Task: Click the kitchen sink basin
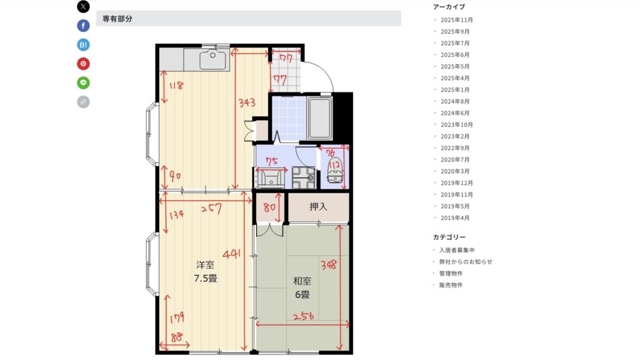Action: [x=212, y=59]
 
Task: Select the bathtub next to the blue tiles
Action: [x=319, y=117]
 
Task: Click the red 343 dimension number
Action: [x=247, y=102]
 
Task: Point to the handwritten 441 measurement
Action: [x=231, y=254]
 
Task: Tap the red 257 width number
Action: [x=211, y=209]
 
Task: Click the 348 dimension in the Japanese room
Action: [x=329, y=265]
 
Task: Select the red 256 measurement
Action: [x=304, y=316]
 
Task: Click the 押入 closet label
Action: [x=318, y=206]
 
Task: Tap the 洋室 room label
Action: [x=205, y=265]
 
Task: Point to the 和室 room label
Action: [x=302, y=281]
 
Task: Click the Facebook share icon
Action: [x=83, y=26]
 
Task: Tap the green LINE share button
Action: [x=83, y=83]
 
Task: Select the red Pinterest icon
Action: [x=83, y=64]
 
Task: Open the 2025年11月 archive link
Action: [x=457, y=20]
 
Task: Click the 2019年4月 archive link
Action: [x=455, y=218]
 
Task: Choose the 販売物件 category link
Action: [x=451, y=285]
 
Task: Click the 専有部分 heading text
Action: [x=117, y=19]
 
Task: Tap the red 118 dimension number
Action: [x=176, y=86]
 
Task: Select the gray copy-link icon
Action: [x=83, y=102]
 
